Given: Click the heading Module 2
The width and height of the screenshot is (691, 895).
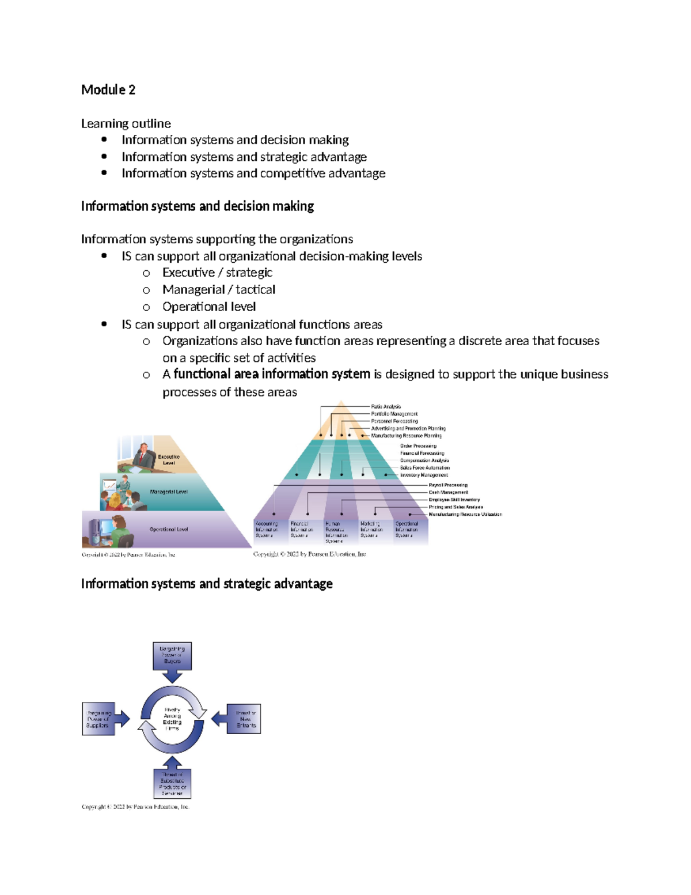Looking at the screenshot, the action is [108, 90].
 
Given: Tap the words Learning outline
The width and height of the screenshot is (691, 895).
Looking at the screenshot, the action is [126, 123].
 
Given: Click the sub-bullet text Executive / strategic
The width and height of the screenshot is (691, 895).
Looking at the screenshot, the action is [217, 273].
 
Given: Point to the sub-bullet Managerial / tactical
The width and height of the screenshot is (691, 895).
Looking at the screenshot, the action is [218, 289].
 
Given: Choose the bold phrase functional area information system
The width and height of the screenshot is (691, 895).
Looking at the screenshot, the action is [272, 374].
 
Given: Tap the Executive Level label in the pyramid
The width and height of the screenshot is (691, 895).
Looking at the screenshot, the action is [168, 459].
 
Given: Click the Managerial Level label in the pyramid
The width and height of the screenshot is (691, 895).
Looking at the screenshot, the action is [169, 492].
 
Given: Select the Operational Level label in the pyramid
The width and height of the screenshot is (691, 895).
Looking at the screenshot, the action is [169, 529].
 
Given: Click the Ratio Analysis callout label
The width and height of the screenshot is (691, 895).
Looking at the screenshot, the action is [386, 406].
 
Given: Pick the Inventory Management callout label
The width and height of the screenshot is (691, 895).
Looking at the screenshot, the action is [424, 475].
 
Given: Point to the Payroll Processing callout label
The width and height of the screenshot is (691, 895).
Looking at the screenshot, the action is [448, 485].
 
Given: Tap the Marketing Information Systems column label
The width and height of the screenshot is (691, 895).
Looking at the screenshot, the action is [371, 530].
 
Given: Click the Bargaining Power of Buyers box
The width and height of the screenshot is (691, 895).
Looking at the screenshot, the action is [172, 655].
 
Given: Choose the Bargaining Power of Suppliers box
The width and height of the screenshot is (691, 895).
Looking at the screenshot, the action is [98, 719].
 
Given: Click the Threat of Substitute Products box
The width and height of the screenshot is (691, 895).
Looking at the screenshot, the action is [172, 784].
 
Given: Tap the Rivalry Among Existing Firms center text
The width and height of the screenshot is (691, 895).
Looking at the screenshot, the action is [172, 719].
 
